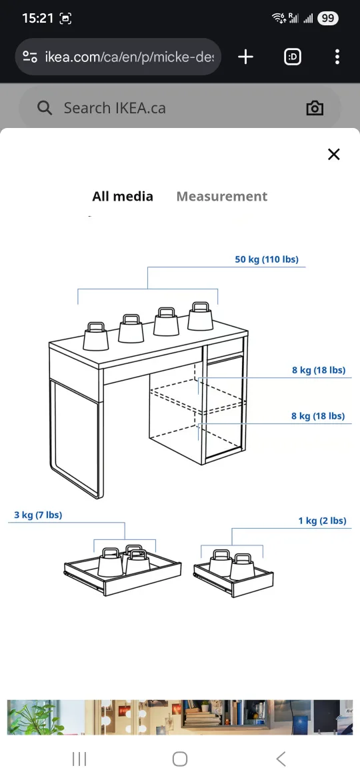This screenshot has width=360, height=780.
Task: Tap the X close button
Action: [x=334, y=155]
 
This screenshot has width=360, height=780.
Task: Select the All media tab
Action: [x=123, y=197]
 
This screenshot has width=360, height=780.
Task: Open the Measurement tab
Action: [x=221, y=197]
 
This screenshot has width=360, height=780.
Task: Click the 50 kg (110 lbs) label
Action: [x=267, y=259]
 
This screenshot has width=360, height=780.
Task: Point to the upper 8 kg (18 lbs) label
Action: [x=319, y=370]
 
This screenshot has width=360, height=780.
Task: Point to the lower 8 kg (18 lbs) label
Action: [x=318, y=416]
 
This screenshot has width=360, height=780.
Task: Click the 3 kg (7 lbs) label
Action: [x=38, y=515]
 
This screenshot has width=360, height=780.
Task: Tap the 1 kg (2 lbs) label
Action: [x=322, y=521]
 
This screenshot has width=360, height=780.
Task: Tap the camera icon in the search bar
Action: [x=315, y=109]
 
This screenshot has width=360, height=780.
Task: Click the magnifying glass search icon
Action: [x=45, y=108]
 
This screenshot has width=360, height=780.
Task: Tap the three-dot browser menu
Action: [x=337, y=57]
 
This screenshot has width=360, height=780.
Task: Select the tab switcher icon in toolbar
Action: [x=292, y=57]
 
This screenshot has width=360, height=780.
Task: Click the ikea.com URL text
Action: [x=129, y=57]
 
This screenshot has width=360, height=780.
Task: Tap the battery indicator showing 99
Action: [x=327, y=19]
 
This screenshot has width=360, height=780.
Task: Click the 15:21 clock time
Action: [x=37, y=19]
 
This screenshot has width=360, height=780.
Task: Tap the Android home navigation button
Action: [x=180, y=759]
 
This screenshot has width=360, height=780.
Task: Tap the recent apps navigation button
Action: [x=79, y=759]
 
